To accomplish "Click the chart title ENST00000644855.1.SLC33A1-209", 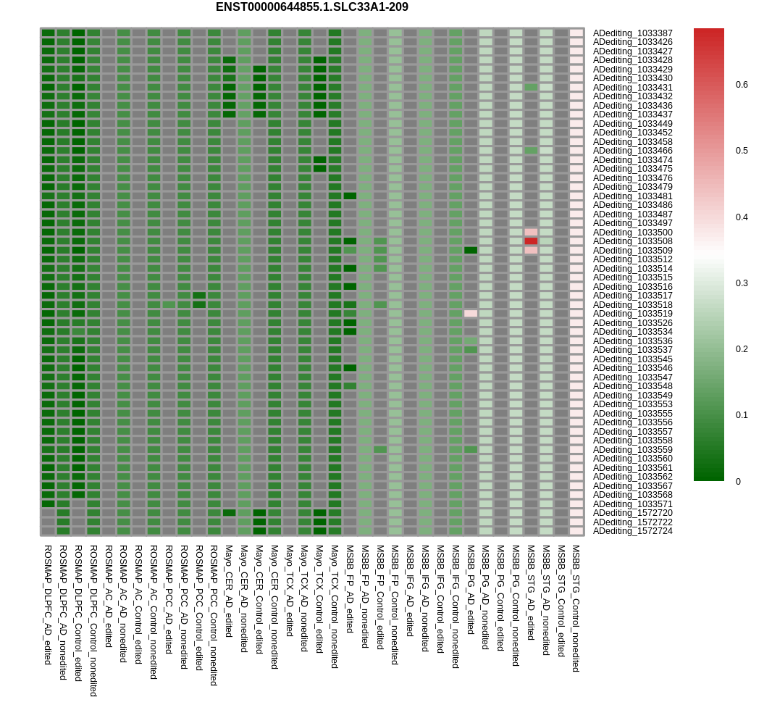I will click(x=311, y=7).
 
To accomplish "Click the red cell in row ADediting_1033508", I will click(x=531, y=241).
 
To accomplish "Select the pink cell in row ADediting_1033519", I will click(x=471, y=314).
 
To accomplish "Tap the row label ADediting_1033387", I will click(x=632, y=33).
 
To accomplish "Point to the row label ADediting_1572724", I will click(x=632, y=531).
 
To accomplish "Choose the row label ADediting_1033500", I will click(x=632, y=233).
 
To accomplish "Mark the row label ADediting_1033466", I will click(x=632, y=151).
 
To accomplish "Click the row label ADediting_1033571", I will click(x=632, y=504).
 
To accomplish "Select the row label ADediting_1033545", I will click(x=632, y=359).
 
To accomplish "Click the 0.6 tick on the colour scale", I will click(x=742, y=85).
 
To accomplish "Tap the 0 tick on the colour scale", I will click(x=738, y=482).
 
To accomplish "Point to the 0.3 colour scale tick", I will click(x=742, y=283).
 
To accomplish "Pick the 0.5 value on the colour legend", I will click(x=742, y=151).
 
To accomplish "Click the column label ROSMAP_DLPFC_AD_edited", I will click(x=48, y=605).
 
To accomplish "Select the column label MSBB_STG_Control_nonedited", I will click(x=576, y=609).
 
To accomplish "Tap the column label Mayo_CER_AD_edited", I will click(x=229, y=591).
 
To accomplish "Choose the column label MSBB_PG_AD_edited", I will click(x=471, y=590).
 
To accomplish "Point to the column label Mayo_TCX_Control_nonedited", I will click(x=335, y=606).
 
